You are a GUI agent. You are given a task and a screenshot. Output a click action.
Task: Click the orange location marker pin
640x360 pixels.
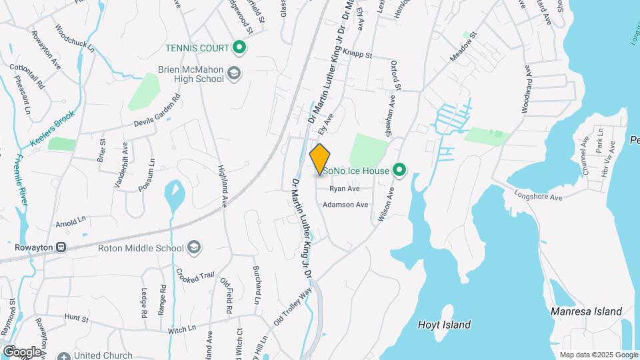(320, 159)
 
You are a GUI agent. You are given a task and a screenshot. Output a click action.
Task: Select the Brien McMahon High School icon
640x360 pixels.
(233, 73)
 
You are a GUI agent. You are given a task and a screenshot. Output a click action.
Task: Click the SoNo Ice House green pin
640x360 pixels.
(399, 171)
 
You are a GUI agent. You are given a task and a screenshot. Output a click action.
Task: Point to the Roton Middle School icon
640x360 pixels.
(193, 248)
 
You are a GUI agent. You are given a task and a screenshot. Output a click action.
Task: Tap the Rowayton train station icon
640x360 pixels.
(61, 247)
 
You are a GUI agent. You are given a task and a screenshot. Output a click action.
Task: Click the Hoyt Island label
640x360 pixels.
(444, 325)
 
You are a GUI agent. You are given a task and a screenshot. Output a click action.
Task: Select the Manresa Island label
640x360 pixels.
(586, 311)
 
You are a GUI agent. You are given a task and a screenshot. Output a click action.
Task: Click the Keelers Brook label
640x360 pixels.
(53, 129)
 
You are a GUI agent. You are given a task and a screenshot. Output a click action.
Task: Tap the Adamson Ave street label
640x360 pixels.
(345, 205)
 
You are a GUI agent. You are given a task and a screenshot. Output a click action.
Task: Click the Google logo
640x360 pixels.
(21, 351)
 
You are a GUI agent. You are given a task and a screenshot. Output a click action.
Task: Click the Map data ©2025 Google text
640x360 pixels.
(599, 355)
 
